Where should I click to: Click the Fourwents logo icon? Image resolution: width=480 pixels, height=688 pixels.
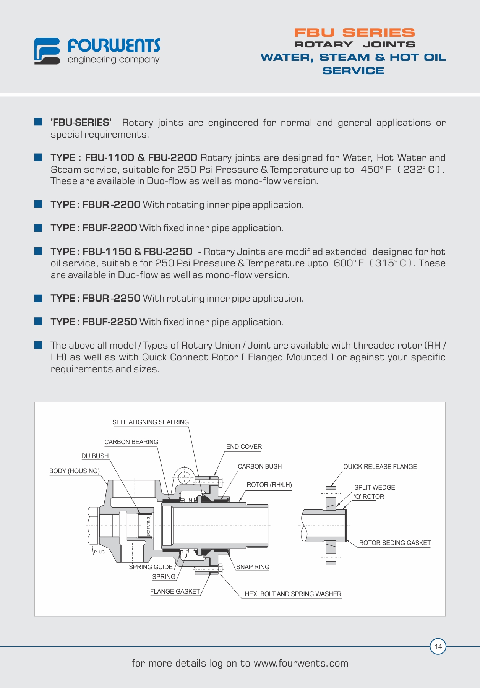coord(47,51)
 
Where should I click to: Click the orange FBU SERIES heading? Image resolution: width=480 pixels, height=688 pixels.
coord(354,33)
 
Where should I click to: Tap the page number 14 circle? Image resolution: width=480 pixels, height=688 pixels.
coord(438,646)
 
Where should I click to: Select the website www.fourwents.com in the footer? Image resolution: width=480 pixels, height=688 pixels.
coord(301,663)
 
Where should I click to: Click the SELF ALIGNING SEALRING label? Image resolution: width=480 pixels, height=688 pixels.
coord(151,422)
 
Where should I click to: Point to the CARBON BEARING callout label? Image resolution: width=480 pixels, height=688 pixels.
coord(131,442)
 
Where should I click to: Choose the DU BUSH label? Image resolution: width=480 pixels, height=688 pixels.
coord(95,456)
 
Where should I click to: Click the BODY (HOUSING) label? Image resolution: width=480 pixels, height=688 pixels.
coord(74,471)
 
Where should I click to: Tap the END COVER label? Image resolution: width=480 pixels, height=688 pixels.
coord(244,446)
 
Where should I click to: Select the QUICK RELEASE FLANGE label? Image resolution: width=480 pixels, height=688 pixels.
coord(379,467)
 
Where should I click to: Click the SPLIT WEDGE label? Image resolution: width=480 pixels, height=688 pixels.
coord(375,487)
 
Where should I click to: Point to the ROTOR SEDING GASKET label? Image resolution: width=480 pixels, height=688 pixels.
coord(395,543)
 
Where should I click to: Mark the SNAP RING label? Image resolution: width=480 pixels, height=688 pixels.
coord(253,567)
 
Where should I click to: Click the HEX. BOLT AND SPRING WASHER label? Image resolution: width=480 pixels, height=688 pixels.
coord(293,594)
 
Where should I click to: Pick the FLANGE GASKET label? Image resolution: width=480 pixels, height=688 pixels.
coord(175,591)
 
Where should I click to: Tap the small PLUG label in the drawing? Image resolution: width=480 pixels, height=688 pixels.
coord(99,552)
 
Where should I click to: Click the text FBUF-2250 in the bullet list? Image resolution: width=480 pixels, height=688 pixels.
coord(110,322)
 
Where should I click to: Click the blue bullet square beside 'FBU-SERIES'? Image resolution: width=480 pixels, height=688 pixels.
coord(38,122)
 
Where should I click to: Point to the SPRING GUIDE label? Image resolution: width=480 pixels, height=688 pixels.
coord(151,567)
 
